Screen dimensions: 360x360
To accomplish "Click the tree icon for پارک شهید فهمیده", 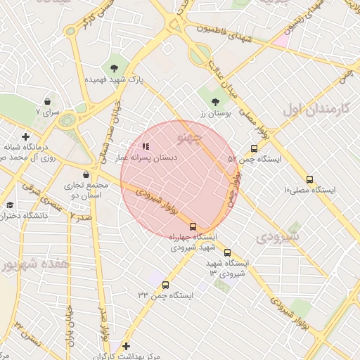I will click(x=114, y=68).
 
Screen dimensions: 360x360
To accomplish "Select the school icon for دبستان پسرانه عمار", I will click(x=146, y=147).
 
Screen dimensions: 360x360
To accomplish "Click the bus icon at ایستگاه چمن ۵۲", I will click(x=254, y=148).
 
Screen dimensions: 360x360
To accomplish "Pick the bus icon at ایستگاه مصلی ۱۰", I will click(x=309, y=179).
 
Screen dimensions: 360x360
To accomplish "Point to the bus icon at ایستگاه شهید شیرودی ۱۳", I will click(x=226, y=252).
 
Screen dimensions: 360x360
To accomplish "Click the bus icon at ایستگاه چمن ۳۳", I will click(x=165, y=285).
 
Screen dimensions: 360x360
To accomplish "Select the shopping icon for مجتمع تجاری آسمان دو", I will click(x=86, y=175).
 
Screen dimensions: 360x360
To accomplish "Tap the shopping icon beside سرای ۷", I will click(x=47, y=101).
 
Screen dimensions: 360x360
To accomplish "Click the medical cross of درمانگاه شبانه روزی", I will click(x=26, y=136).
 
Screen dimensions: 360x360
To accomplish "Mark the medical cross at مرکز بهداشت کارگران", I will click(x=126, y=346).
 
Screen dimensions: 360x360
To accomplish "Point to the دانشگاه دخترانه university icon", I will click(x=10, y=205).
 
